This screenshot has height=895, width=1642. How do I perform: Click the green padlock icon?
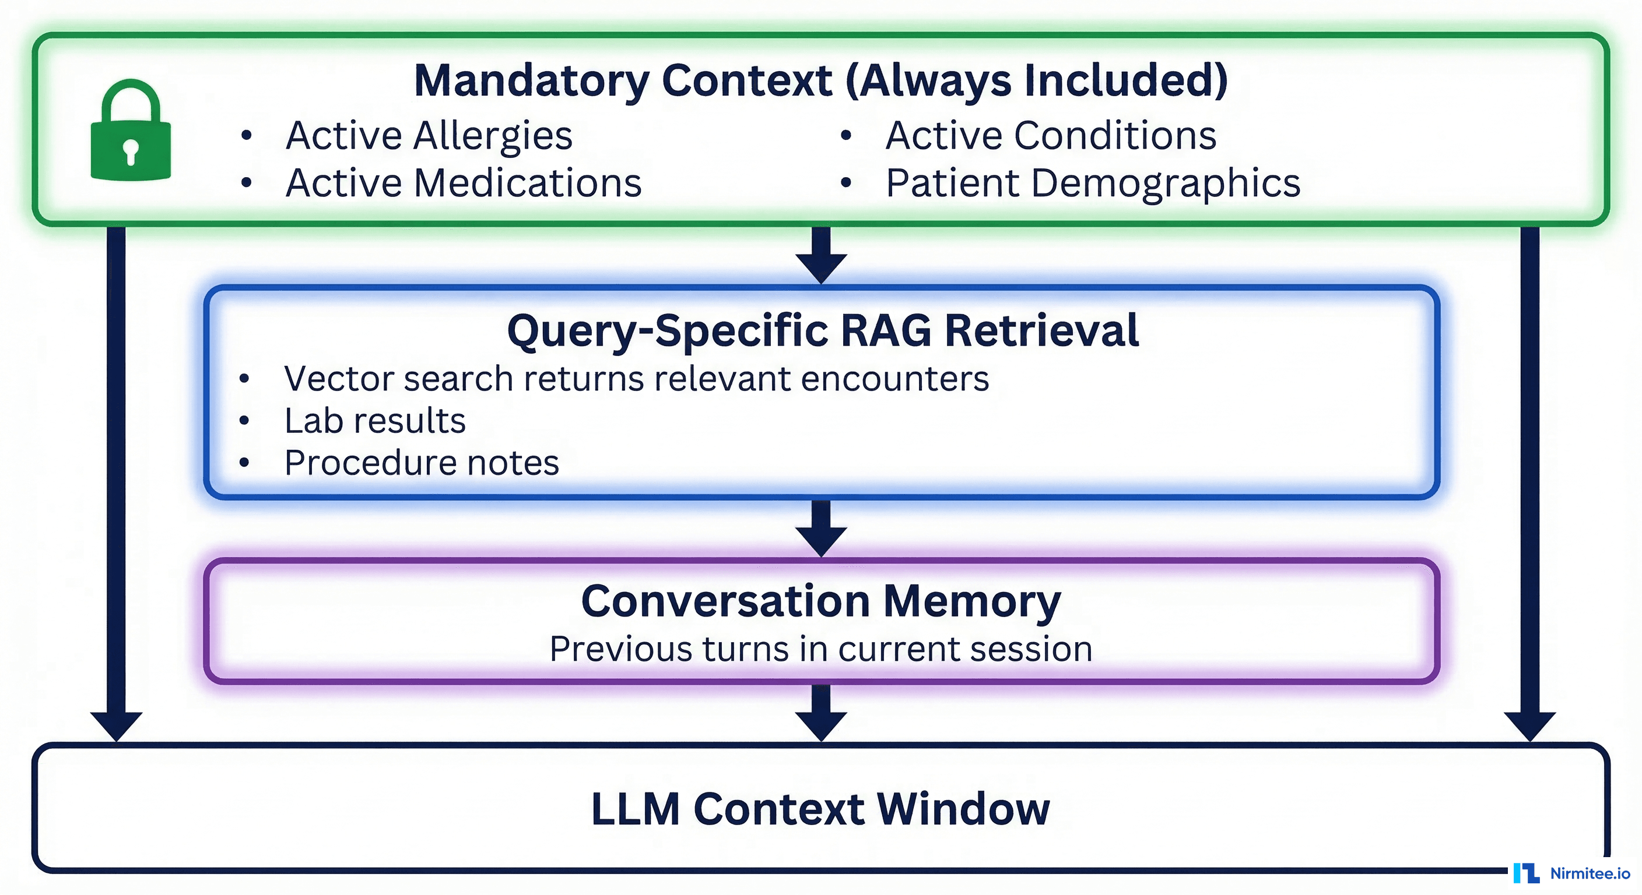(131, 132)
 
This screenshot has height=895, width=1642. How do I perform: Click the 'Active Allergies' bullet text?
(429, 136)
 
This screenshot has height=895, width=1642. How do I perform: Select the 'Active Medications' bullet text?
(464, 184)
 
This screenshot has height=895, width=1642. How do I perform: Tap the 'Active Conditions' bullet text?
(1051, 136)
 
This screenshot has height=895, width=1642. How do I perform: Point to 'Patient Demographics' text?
(1093, 184)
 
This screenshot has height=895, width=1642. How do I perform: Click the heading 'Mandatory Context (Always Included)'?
(821, 80)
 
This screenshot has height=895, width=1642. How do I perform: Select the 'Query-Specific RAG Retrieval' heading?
(822, 330)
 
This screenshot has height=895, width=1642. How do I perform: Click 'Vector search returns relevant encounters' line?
(636, 379)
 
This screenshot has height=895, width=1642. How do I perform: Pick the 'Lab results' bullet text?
(375, 421)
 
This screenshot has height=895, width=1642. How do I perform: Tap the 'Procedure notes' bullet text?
(422, 463)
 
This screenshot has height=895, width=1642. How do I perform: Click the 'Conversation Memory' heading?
(821, 601)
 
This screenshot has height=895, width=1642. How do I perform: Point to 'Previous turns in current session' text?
(821, 649)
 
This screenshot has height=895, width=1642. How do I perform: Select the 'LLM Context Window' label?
(820, 809)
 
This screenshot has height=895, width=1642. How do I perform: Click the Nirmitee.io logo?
(1571, 873)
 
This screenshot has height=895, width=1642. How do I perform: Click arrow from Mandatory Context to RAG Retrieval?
(821, 255)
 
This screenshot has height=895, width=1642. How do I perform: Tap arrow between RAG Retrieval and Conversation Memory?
(821, 528)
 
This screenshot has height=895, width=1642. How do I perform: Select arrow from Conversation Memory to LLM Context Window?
(821, 713)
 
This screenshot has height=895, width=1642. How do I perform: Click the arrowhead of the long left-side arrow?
(116, 725)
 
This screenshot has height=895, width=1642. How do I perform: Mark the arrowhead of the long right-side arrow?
(1530, 725)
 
